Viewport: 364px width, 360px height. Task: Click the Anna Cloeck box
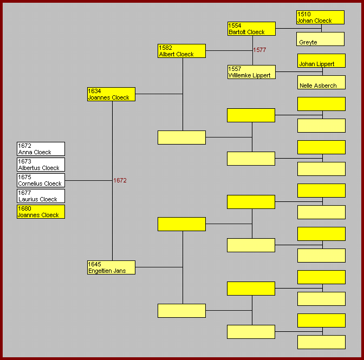pyautogui.click(x=41, y=149)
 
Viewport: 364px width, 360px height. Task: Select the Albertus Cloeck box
pyautogui.click(x=41, y=165)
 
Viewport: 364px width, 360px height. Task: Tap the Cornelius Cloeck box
pyautogui.click(x=41, y=180)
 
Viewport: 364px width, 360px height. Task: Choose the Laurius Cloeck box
pyautogui.click(x=41, y=196)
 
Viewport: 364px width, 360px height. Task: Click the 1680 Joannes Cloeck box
pyautogui.click(x=41, y=212)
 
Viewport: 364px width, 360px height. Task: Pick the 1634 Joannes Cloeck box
pyautogui.click(x=111, y=94)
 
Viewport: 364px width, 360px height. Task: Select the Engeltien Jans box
pyautogui.click(x=111, y=267)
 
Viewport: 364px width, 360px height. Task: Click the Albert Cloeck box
pyautogui.click(x=181, y=51)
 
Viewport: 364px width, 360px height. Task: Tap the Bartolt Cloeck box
pyautogui.click(x=251, y=29)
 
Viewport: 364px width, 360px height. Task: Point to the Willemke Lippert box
pyautogui.click(x=251, y=72)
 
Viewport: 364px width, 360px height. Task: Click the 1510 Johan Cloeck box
pyautogui.click(x=320, y=17)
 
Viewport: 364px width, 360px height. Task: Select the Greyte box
pyautogui.click(x=320, y=39)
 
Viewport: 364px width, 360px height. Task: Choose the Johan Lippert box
pyautogui.click(x=321, y=61)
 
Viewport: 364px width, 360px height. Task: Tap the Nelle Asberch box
pyautogui.click(x=321, y=82)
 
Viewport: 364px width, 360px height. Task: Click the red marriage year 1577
pyautogui.click(x=259, y=50)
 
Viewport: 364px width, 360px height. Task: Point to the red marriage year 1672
pyautogui.click(x=120, y=180)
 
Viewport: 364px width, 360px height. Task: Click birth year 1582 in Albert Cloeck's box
pyautogui.click(x=165, y=48)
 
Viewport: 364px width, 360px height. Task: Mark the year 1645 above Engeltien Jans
pyautogui.click(x=95, y=264)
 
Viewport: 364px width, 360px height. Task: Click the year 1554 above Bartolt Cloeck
pyautogui.click(x=235, y=25)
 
